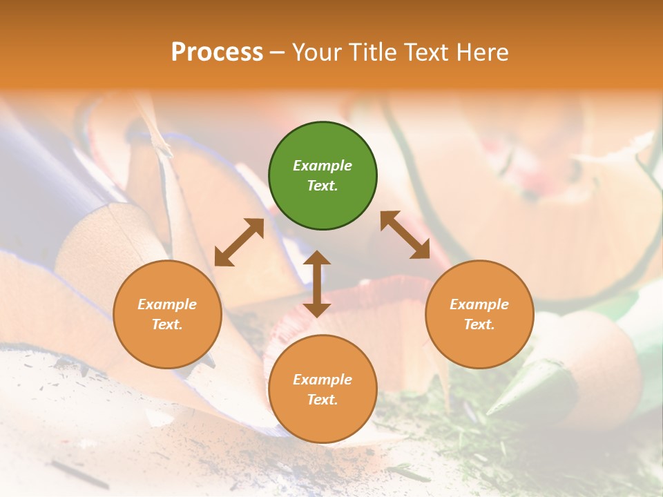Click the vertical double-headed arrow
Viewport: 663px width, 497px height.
coord(317,284)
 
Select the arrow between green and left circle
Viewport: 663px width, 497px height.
coord(239,242)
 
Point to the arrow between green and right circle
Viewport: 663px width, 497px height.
coord(405,235)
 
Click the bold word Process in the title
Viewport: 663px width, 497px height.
coord(217,52)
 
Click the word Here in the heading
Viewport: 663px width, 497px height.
coord(483,52)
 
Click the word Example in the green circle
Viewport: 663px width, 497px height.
coord(323,166)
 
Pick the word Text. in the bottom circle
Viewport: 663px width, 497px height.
coord(323,400)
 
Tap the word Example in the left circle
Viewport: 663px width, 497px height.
coord(167,304)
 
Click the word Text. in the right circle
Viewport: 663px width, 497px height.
coord(479,324)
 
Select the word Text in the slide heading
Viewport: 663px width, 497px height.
coord(428,52)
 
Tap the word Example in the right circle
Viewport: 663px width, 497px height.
coord(479,304)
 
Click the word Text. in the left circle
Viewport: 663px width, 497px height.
coord(167,324)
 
